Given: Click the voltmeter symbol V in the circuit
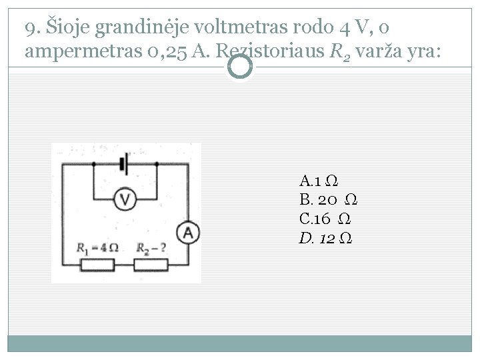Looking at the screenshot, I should tap(125, 198).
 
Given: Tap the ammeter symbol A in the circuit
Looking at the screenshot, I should tap(188, 233).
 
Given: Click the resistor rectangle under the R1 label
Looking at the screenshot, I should tap(99, 265).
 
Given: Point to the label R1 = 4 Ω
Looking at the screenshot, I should tap(98, 248).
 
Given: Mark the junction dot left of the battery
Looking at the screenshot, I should tap(93, 163).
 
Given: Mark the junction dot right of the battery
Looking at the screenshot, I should tap(155, 163).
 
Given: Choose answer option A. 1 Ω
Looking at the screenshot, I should tap(317, 181).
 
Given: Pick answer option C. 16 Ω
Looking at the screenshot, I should tap(326, 219).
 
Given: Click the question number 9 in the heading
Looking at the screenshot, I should tap(29, 30).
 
